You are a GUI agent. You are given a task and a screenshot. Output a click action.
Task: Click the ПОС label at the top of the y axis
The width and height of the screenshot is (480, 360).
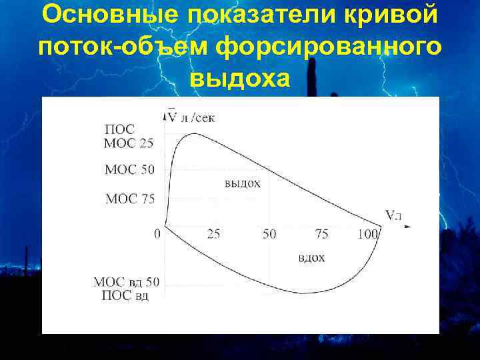(119, 129)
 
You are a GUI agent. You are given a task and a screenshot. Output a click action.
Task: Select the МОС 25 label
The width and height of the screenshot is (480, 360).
(129, 142)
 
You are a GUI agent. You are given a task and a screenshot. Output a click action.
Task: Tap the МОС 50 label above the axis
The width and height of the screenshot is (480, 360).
(129, 169)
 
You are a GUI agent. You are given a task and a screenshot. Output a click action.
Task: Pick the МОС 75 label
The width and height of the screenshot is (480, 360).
(129, 198)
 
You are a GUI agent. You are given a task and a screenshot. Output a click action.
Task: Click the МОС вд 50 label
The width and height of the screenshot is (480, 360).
(126, 282)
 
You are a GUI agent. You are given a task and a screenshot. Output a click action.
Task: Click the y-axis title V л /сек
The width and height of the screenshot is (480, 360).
(191, 117)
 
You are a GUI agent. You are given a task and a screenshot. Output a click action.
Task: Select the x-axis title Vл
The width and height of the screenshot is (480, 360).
(394, 215)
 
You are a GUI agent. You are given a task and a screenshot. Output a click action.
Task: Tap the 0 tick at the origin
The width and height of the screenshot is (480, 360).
(157, 234)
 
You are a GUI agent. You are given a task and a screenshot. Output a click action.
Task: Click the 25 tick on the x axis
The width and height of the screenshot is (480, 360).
(214, 234)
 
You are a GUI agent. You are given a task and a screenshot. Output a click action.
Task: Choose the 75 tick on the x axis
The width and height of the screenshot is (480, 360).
(321, 234)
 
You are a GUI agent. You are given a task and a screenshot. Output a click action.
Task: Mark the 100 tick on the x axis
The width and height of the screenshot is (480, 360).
(368, 234)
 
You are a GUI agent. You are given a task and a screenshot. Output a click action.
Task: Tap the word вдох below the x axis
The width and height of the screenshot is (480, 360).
(311, 258)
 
